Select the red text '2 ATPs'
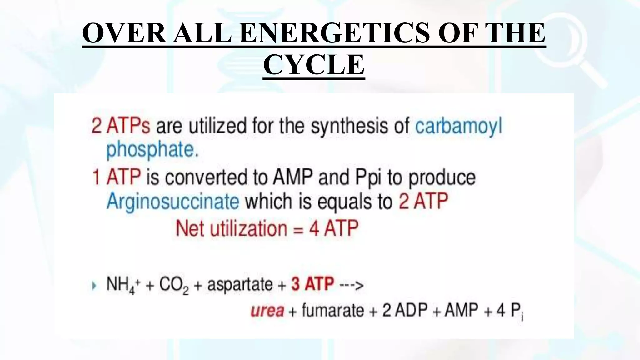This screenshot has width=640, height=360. (120, 126)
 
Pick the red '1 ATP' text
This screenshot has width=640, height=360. (116, 177)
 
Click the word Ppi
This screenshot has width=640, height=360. (368, 177)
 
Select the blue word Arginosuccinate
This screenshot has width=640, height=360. (173, 201)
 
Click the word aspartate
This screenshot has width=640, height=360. (240, 284)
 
